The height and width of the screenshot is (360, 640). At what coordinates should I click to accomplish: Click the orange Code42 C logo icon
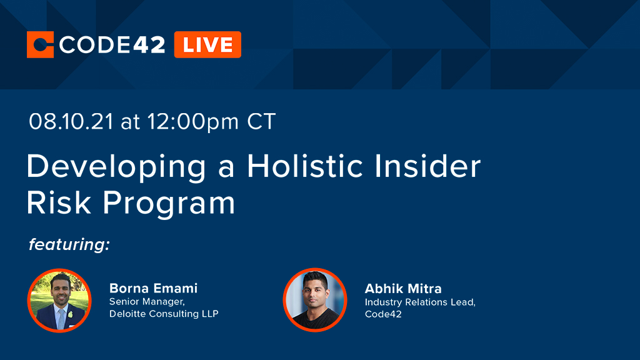pos(41,44)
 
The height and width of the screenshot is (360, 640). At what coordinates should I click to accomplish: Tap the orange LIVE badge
pos(207,44)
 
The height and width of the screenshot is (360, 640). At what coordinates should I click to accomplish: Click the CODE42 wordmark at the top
pos(112,44)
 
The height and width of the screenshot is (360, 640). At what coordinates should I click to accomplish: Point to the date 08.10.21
pos(71,121)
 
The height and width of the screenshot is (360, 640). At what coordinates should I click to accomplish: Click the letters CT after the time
pos(261,121)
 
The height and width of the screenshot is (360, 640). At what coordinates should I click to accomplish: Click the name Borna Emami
pos(153,288)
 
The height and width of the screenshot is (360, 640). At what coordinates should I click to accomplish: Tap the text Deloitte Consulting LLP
pos(164,314)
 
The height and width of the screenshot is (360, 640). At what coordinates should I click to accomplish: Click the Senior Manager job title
pos(146,302)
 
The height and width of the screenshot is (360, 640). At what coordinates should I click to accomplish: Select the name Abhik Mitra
pos(403,288)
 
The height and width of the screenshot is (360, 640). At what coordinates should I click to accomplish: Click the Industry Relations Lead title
pos(420,302)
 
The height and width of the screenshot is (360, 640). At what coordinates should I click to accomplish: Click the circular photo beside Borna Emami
pos(60,300)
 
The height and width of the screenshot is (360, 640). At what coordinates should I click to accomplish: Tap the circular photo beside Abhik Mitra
pos(314,300)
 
